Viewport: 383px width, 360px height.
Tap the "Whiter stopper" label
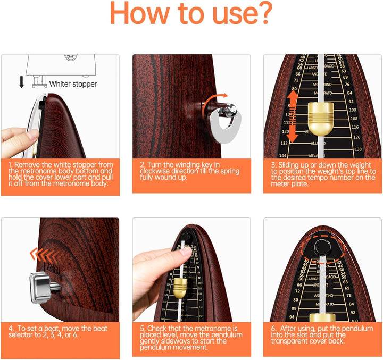(x=73, y=84)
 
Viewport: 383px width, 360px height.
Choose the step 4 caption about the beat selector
(x=59, y=332)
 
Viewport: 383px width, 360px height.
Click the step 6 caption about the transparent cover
(x=321, y=335)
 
